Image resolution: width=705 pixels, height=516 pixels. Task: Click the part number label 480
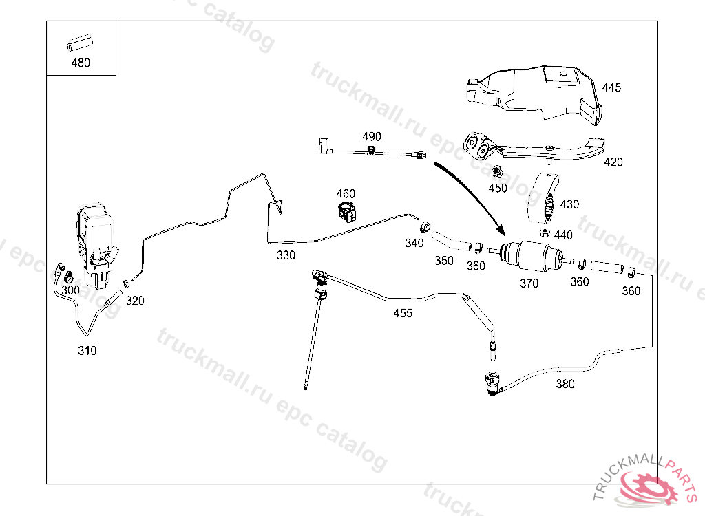[81, 63]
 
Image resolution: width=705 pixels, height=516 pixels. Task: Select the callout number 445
[611, 87]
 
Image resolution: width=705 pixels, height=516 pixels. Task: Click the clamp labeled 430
[543, 200]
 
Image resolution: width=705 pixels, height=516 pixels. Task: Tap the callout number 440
[563, 236]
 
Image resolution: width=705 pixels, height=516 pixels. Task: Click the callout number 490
[371, 137]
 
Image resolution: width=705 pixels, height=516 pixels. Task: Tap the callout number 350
[444, 261]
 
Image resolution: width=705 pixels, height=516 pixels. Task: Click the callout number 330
[286, 255]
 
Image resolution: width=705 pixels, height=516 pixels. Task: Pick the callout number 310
[87, 350]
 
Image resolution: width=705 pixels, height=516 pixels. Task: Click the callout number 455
[403, 314]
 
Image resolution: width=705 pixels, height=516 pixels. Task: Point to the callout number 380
[565, 384]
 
